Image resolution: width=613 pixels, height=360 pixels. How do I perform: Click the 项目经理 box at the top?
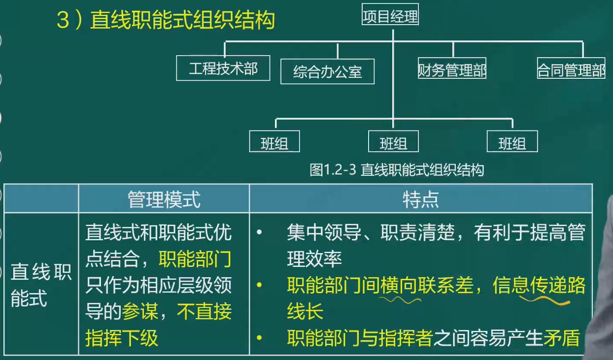(390, 14)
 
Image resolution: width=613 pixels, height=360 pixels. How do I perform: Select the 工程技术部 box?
(223, 68)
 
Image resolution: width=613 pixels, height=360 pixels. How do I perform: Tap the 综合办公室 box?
(327, 71)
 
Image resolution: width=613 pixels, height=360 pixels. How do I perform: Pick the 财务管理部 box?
(452, 68)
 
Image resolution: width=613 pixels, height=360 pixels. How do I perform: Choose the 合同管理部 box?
(571, 68)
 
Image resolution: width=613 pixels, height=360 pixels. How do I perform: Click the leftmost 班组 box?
(274, 141)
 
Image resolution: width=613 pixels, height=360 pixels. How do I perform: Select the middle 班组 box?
(393, 141)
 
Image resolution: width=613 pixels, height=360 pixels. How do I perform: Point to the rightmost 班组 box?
(512, 141)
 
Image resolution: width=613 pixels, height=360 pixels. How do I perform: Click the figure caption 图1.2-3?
(333, 170)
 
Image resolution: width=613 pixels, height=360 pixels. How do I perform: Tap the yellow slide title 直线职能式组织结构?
(182, 20)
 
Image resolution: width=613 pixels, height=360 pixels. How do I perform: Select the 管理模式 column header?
(164, 199)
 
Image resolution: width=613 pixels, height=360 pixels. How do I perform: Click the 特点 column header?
(421, 199)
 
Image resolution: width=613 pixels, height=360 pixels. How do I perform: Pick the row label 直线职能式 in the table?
(41, 285)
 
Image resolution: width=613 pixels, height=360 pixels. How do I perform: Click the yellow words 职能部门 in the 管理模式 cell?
(195, 259)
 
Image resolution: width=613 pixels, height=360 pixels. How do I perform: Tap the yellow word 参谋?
(140, 311)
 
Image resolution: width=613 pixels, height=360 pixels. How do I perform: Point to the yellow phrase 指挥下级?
(122, 337)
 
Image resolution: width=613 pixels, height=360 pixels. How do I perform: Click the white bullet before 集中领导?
(259, 232)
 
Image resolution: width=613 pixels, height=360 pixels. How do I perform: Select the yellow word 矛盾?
(562, 337)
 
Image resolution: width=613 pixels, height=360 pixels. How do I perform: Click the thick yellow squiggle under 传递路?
(545, 300)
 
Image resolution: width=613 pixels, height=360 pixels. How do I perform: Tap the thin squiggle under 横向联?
(400, 300)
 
